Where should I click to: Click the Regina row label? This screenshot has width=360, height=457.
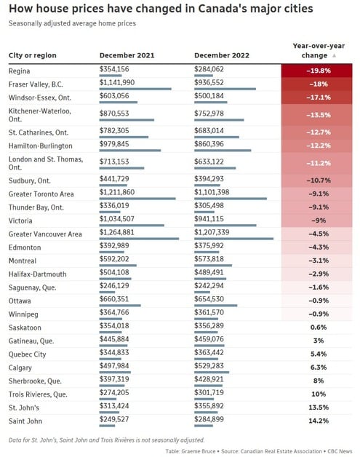19,71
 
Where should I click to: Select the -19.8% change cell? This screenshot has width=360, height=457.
316,71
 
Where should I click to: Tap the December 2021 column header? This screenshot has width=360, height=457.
127,55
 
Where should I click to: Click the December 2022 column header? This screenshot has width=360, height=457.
222,55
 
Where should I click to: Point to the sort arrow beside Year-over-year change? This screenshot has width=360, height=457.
334,55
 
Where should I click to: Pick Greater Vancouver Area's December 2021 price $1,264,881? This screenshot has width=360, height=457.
117,232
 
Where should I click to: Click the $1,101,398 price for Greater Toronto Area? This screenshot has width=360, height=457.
212,192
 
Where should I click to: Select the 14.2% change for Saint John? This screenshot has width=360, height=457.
319,421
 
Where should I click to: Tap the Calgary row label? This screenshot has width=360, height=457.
20,367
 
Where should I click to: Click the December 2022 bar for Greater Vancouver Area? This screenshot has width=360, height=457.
234,239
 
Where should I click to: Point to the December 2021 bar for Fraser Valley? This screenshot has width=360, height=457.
135,89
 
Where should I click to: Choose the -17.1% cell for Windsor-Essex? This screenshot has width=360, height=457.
316,98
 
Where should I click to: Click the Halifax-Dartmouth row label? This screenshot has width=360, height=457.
37,274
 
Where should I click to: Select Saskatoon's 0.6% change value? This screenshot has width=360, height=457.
319,327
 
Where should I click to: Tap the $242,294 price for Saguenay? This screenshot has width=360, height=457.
209,285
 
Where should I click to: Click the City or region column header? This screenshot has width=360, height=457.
32,55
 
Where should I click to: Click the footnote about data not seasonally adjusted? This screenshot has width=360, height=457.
107,440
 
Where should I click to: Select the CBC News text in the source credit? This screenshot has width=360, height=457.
340,451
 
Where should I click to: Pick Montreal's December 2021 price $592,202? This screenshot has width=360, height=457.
114,259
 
